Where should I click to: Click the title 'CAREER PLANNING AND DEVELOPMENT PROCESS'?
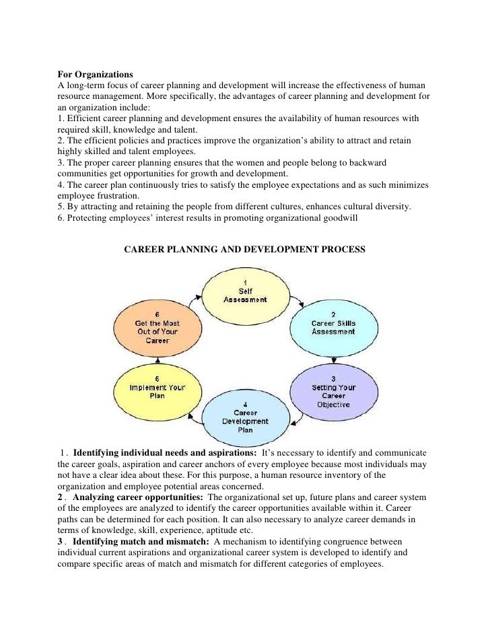pos(245,249)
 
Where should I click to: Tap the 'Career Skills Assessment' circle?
pos(332,327)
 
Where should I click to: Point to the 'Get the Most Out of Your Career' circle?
pos(157,327)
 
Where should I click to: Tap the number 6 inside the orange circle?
pos(157,314)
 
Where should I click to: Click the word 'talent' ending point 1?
pos(200,129)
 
